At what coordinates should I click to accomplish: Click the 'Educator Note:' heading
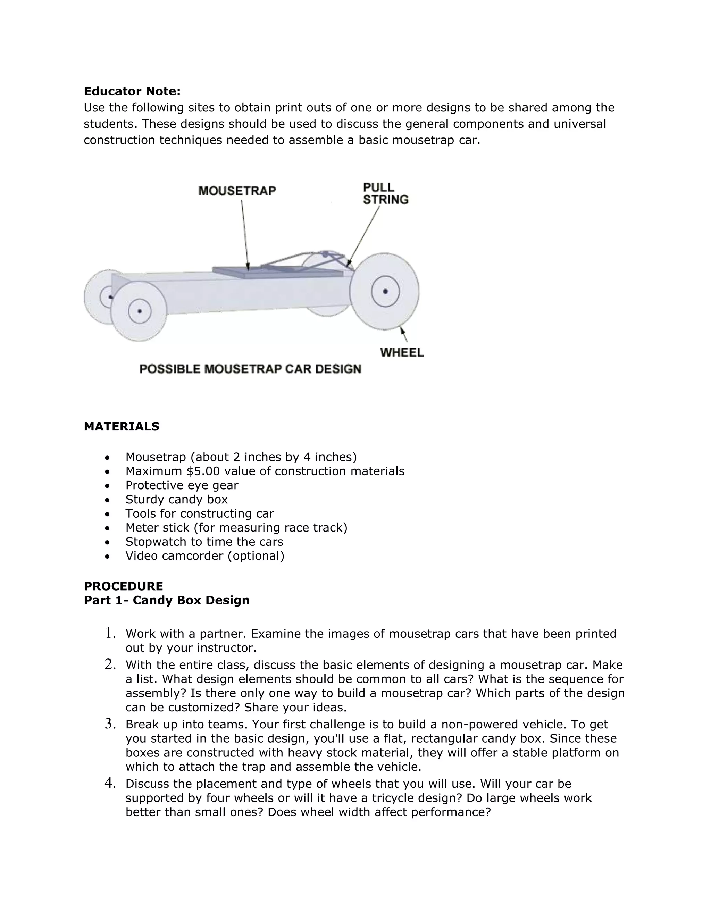(x=132, y=91)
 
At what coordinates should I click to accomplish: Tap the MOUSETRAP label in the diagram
(x=237, y=191)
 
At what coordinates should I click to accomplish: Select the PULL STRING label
(x=385, y=193)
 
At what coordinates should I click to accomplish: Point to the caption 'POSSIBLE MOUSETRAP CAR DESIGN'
(x=250, y=369)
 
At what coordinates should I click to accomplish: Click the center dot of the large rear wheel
(x=385, y=291)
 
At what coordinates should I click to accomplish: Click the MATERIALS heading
(x=121, y=426)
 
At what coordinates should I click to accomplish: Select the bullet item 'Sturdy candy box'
(x=176, y=500)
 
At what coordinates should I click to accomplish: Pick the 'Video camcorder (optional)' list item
(x=205, y=556)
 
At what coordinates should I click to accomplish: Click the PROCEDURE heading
(x=123, y=586)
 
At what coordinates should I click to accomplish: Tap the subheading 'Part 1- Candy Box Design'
(x=166, y=600)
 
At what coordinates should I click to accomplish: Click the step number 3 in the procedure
(x=110, y=724)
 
